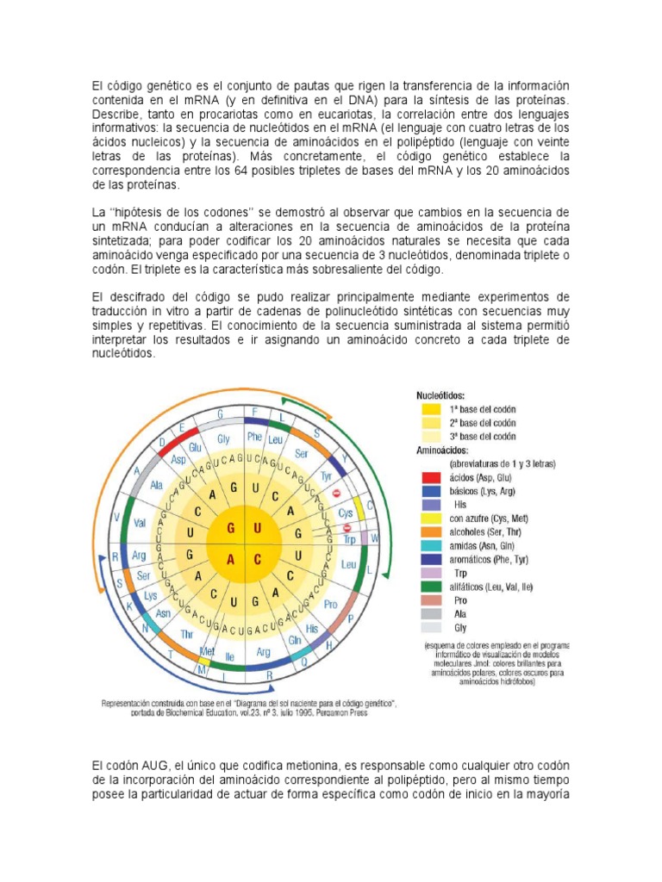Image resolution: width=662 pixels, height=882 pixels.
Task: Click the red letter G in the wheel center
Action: coord(231,527)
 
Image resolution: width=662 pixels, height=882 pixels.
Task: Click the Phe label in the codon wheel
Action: coord(254,437)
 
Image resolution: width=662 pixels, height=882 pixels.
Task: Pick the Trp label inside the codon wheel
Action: coord(348,539)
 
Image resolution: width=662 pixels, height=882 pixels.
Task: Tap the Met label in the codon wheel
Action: coord(209,649)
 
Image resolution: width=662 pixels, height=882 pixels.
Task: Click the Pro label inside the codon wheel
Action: coord(330,606)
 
